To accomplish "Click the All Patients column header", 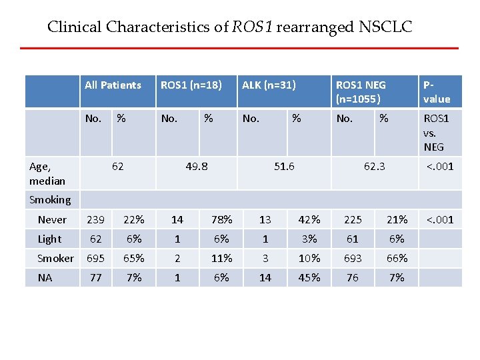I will point(113,85).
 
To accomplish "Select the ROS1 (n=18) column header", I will point(191,85).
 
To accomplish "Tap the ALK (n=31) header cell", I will point(269,85).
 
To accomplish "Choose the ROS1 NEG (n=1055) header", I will point(361,92).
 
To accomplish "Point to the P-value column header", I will point(437,92).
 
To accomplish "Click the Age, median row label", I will point(47,173).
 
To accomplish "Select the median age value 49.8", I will point(196,166).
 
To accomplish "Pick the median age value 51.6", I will point(284,166).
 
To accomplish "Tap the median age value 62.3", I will point(374,166).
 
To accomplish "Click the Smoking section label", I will point(50,199).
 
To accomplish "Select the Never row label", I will point(52,219).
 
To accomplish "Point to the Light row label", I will point(49,239).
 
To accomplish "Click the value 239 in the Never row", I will point(96,219).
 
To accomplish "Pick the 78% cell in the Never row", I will point(221,219).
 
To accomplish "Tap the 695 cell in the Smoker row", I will point(96,258).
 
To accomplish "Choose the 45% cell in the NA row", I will point(309,277).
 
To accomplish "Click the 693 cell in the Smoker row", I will point(353,258).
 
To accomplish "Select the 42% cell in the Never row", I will point(309,219).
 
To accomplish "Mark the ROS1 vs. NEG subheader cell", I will point(437,132).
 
